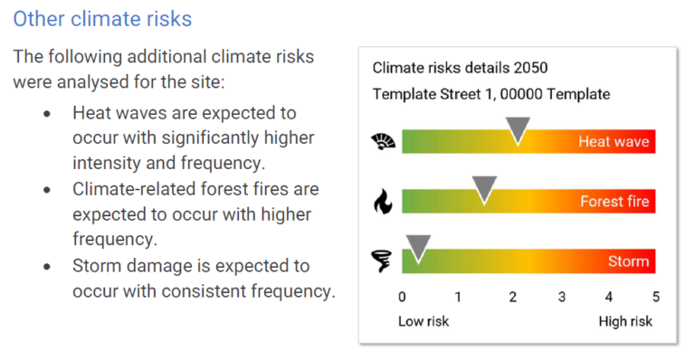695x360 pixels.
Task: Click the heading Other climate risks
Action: tap(102, 18)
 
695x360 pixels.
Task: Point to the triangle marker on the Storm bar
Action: tap(418, 248)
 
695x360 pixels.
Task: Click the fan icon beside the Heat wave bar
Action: tap(383, 141)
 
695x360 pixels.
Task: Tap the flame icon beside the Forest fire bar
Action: tap(383, 201)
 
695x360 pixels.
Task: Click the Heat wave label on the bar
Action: tap(614, 142)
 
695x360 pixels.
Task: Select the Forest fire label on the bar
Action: tap(614, 202)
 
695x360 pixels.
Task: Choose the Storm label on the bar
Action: tap(628, 261)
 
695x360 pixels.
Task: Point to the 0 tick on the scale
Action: tap(402, 297)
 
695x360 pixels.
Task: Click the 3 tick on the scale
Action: tap(561, 297)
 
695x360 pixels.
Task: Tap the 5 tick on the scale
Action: tap(655, 297)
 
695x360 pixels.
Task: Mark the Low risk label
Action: tap(424, 321)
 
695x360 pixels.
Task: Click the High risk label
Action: tap(625, 321)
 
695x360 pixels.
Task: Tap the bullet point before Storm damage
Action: tap(47, 267)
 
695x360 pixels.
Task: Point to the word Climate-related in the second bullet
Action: tap(129, 190)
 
